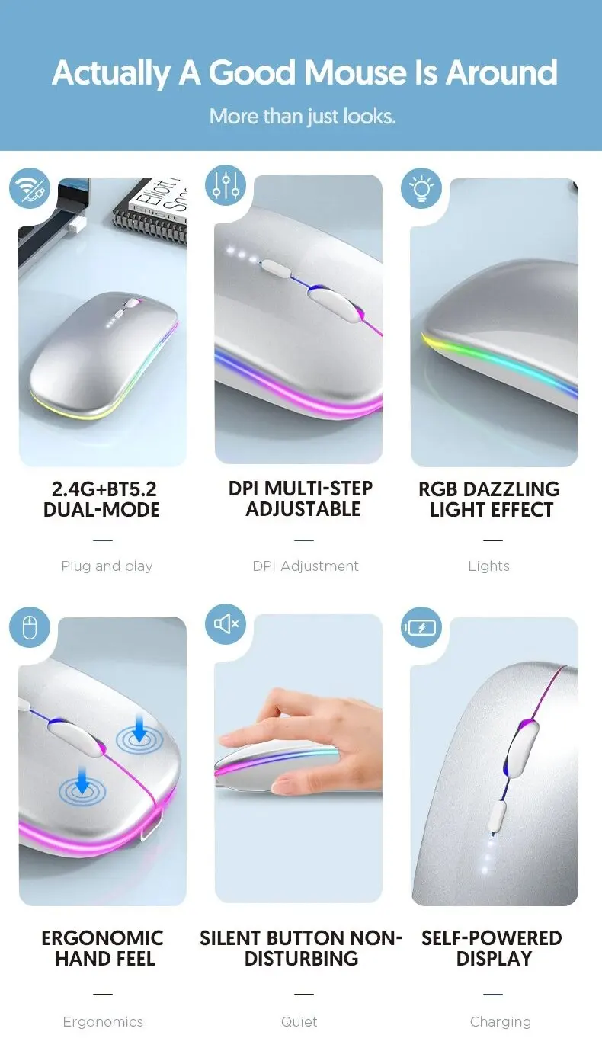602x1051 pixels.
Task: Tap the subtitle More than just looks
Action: (303, 117)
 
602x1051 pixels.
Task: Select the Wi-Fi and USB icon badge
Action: (30, 188)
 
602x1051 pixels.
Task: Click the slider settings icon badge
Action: (226, 185)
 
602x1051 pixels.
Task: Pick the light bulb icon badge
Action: (421, 188)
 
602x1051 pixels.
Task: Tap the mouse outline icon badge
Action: (30, 629)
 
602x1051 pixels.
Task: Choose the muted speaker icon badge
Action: (226, 624)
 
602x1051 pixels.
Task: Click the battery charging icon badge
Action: (421, 628)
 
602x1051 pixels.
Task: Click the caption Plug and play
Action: (107, 566)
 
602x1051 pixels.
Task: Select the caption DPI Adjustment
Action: (306, 566)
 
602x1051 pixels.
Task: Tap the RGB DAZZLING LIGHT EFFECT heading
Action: (489, 499)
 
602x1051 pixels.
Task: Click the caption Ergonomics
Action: (103, 1022)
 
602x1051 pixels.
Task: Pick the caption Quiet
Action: (299, 1022)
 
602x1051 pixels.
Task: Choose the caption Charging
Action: (501, 1022)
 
